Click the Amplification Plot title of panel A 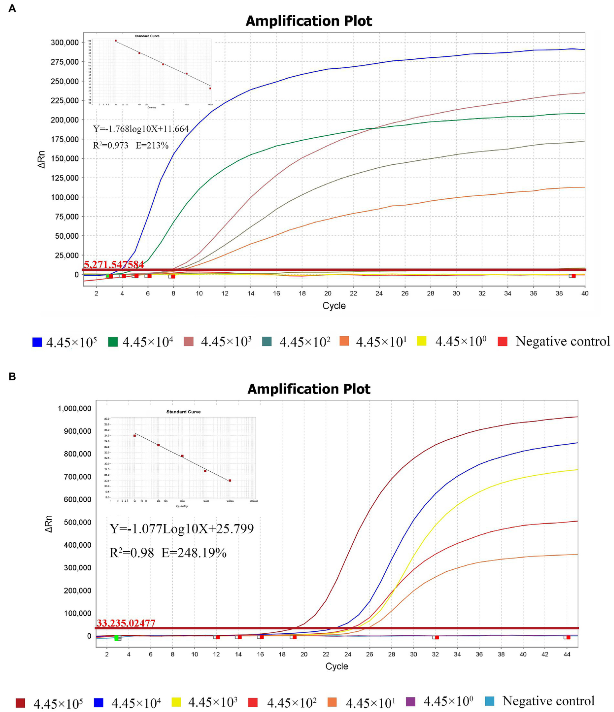pyautogui.click(x=309, y=21)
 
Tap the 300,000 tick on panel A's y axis pyautogui.click(x=65, y=42)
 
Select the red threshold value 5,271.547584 pyautogui.click(x=114, y=264)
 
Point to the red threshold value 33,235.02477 pyautogui.click(x=126, y=623)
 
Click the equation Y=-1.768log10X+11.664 pyautogui.click(x=141, y=129)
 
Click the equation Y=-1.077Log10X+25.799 pyautogui.click(x=182, y=529)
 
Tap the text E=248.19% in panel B pyautogui.click(x=194, y=553)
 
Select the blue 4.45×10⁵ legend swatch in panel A pyautogui.click(x=37, y=342)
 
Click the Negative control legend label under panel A pyautogui.click(x=562, y=341)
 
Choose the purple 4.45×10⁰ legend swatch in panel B pyautogui.click(x=411, y=702)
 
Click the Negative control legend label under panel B pyautogui.click(x=548, y=701)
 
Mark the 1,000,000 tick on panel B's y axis pyautogui.click(x=75, y=409)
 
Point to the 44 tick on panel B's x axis pyautogui.click(x=567, y=654)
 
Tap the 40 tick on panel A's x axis pyautogui.click(x=585, y=293)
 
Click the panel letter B pyautogui.click(x=12, y=376)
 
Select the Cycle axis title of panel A pyautogui.click(x=334, y=306)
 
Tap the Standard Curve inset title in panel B pyautogui.click(x=184, y=412)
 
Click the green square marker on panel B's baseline pyautogui.click(x=117, y=638)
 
